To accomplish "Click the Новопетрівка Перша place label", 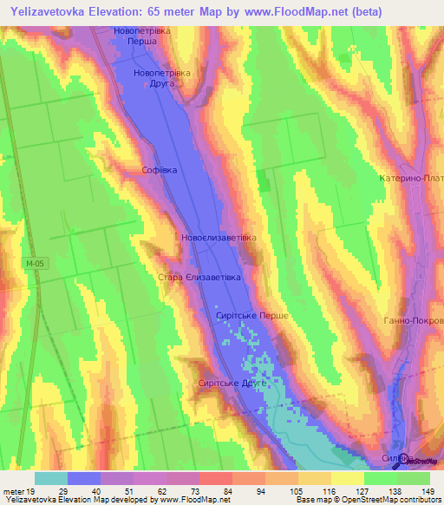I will point(142,35).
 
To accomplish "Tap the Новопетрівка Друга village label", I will point(161,79).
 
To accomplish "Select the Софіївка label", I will point(160,171).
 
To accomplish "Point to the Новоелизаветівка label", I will point(219,237).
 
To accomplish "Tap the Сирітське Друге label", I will point(232,383).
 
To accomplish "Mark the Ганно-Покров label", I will point(413,320).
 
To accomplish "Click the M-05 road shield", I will point(31,261).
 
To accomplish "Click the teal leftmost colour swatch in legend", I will point(51,478).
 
